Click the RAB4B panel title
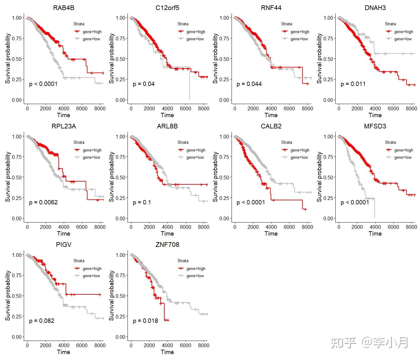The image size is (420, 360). pyautogui.click(x=64, y=8)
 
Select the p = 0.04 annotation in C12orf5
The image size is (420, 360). pyautogui.click(x=144, y=84)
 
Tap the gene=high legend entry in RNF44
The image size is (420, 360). pyautogui.click(x=299, y=32)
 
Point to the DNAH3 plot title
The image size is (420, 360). pyautogui.click(x=375, y=8)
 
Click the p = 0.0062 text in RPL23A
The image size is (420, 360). pyautogui.click(x=43, y=202)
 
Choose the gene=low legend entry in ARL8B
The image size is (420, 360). pyautogui.click(x=195, y=157)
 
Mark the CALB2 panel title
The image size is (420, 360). pyautogui.click(x=271, y=126)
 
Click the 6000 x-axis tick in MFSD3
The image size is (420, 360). pyautogui.click(x=393, y=227)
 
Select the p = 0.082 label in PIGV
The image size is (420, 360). pyautogui.click(x=42, y=321)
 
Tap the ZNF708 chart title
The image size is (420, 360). pyautogui.click(x=167, y=245)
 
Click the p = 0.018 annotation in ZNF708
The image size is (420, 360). pyautogui.click(x=145, y=321)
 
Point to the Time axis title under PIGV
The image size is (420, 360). pyautogui.click(x=63, y=352)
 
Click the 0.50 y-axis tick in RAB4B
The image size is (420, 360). pyautogui.click(x=17, y=59)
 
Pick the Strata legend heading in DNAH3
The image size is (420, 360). pyautogui.click(x=390, y=24)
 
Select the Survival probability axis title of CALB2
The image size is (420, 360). pyautogui.click(x=216, y=177)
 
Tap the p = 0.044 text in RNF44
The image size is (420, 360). pyautogui.click(x=249, y=84)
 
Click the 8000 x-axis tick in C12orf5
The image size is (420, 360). pyautogui.click(x=203, y=108)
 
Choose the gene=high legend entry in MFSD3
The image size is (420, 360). pyautogui.click(x=403, y=150)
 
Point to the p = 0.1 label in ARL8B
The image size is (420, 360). pyautogui.click(x=142, y=202)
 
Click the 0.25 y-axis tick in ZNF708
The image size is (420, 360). pyautogui.click(x=121, y=316)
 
